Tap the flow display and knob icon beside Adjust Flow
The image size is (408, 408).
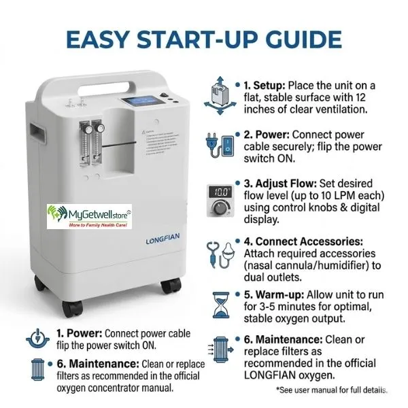[219, 198]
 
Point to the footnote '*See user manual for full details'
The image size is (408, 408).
[331, 390]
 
